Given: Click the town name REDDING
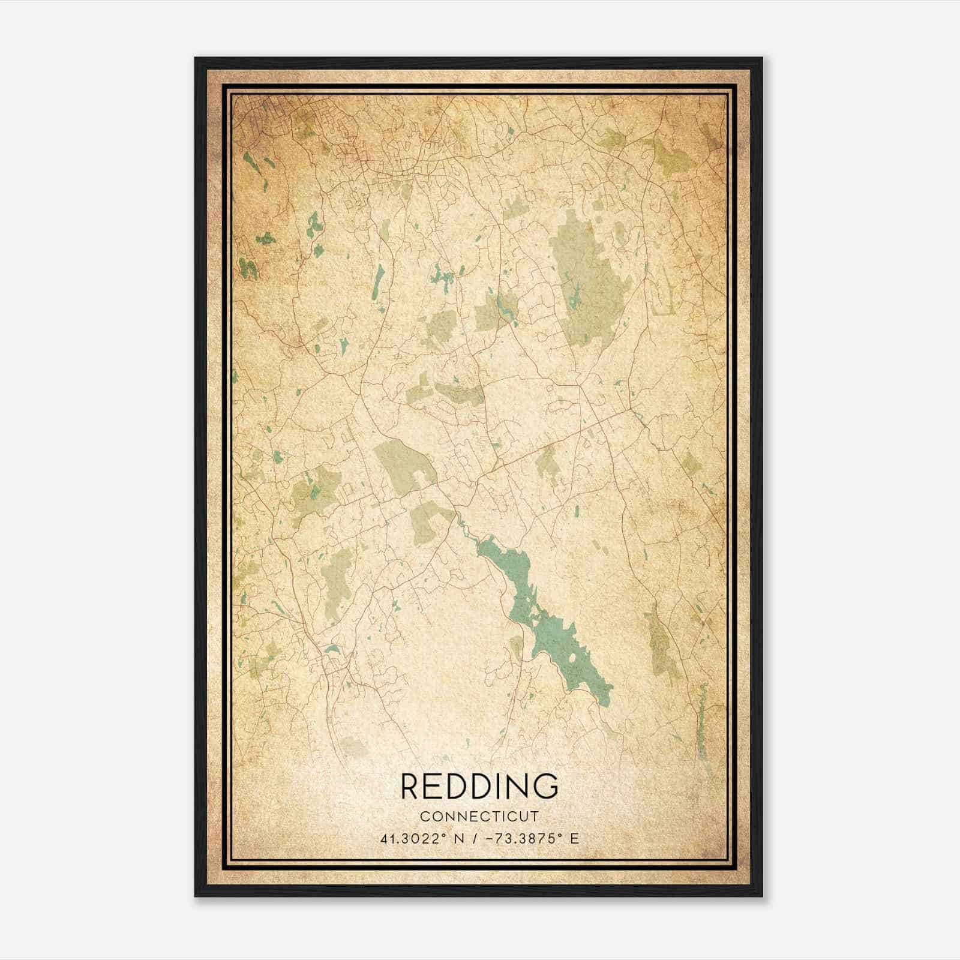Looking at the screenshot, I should pyautogui.click(x=479, y=787).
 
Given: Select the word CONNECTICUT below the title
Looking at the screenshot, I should pyautogui.click(x=479, y=817).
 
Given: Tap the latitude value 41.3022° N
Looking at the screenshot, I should pyautogui.click(x=414, y=839).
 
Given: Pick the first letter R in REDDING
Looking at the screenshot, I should pyautogui.click(x=410, y=787).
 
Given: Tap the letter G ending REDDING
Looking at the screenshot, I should pyautogui.click(x=547, y=787).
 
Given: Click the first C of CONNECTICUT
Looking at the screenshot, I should pyautogui.click(x=424, y=817).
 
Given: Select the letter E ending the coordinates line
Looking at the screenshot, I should pyautogui.click(x=575, y=839).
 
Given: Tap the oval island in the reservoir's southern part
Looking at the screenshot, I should pyautogui.click(x=572, y=658).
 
